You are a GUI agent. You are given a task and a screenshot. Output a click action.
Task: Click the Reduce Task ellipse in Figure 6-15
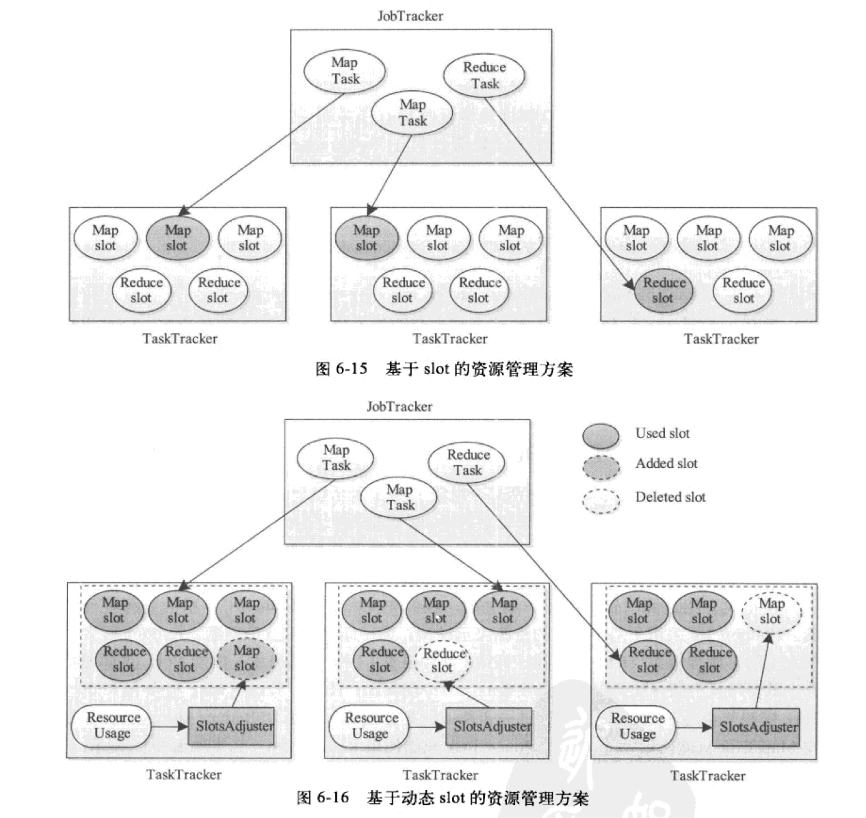pos(484,75)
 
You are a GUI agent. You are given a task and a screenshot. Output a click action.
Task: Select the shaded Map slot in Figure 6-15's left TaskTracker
pos(177,238)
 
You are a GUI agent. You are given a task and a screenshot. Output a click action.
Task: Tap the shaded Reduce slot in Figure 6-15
pos(663,291)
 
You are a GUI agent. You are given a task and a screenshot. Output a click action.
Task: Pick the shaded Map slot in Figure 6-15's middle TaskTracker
pos(366,238)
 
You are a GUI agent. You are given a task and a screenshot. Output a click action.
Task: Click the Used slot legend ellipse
pos(601,435)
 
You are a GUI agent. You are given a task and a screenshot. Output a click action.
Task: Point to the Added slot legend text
pos(666,464)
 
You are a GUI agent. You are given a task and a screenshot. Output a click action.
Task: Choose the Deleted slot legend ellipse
pos(601,500)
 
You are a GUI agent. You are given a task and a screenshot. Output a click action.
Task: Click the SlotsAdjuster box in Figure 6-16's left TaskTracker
pos(231,726)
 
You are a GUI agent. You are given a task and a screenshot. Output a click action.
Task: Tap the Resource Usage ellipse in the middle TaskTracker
pos(370,726)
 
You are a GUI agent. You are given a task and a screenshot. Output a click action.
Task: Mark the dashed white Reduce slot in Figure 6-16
pos(443,661)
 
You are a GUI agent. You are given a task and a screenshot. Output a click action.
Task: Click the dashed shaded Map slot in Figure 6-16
pos(246,659)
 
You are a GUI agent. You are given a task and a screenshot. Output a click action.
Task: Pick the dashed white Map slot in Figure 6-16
pos(771,611)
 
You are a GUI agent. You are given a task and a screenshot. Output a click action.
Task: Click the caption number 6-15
pos(352,369)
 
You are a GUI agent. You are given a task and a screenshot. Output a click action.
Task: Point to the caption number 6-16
pos(333,798)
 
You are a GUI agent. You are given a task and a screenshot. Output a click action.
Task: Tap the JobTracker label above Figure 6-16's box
pos(399,407)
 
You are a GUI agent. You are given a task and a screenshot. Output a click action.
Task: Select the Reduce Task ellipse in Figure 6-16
pos(468,463)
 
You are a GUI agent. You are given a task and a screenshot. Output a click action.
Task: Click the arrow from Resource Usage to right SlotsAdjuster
pos(692,727)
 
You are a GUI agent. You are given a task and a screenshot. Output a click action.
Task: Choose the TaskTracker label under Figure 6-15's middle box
pos(449,339)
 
